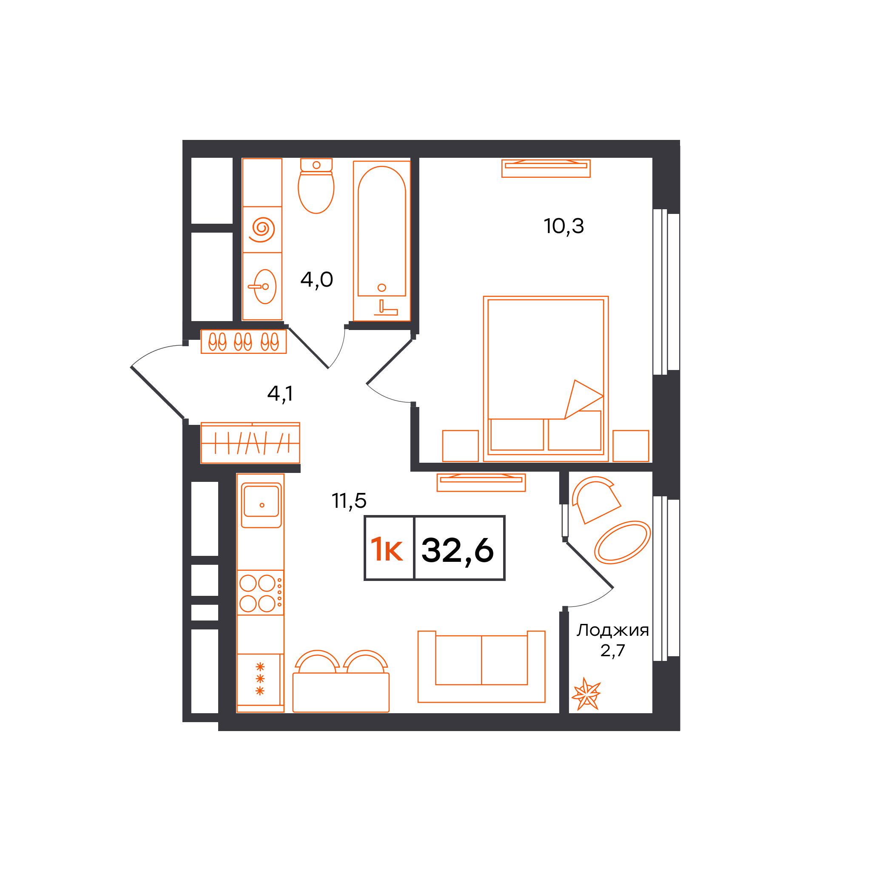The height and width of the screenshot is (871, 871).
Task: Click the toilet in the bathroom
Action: point(316,186)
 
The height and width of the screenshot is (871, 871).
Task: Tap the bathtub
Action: point(382,241)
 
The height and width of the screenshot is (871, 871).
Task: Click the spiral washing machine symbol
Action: point(262,230)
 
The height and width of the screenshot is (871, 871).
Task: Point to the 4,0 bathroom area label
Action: point(316,280)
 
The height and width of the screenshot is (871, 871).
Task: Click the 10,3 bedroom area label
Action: point(564,226)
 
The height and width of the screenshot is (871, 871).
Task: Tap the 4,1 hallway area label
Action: point(280,394)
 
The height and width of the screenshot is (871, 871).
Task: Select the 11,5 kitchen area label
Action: point(349,501)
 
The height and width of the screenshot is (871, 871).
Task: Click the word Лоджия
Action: point(613,630)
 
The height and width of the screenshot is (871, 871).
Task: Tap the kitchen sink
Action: point(261,505)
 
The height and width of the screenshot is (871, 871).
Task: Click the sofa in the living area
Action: point(481,666)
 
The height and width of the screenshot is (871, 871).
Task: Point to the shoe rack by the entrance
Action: point(243,342)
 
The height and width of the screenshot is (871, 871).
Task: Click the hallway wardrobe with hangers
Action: point(250,443)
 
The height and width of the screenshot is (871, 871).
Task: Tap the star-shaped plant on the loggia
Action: point(586,694)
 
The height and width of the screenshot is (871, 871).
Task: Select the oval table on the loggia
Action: point(623,543)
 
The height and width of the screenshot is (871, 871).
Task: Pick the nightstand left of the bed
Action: point(460,446)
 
